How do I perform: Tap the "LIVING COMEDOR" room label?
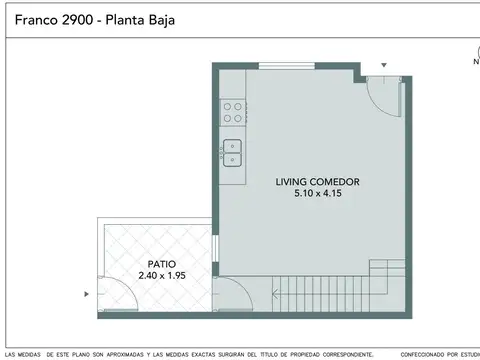pyautogui.click(x=318, y=182)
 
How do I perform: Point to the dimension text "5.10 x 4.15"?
pyautogui.click(x=318, y=194)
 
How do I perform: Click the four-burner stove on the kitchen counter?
pyautogui.click(x=233, y=112)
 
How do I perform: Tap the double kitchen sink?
pyautogui.click(x=232, y=153)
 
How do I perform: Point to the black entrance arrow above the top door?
pyautogui.click(x=381, y=66)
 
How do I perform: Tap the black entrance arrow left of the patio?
pyautogui.click(x=87, y=294)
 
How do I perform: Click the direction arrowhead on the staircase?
pyautogui.click(x=274, y=295)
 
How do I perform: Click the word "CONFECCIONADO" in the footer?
pyautogui.click(x=427, y=353)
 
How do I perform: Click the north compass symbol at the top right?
pyautogui.click(x=476, y=52)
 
